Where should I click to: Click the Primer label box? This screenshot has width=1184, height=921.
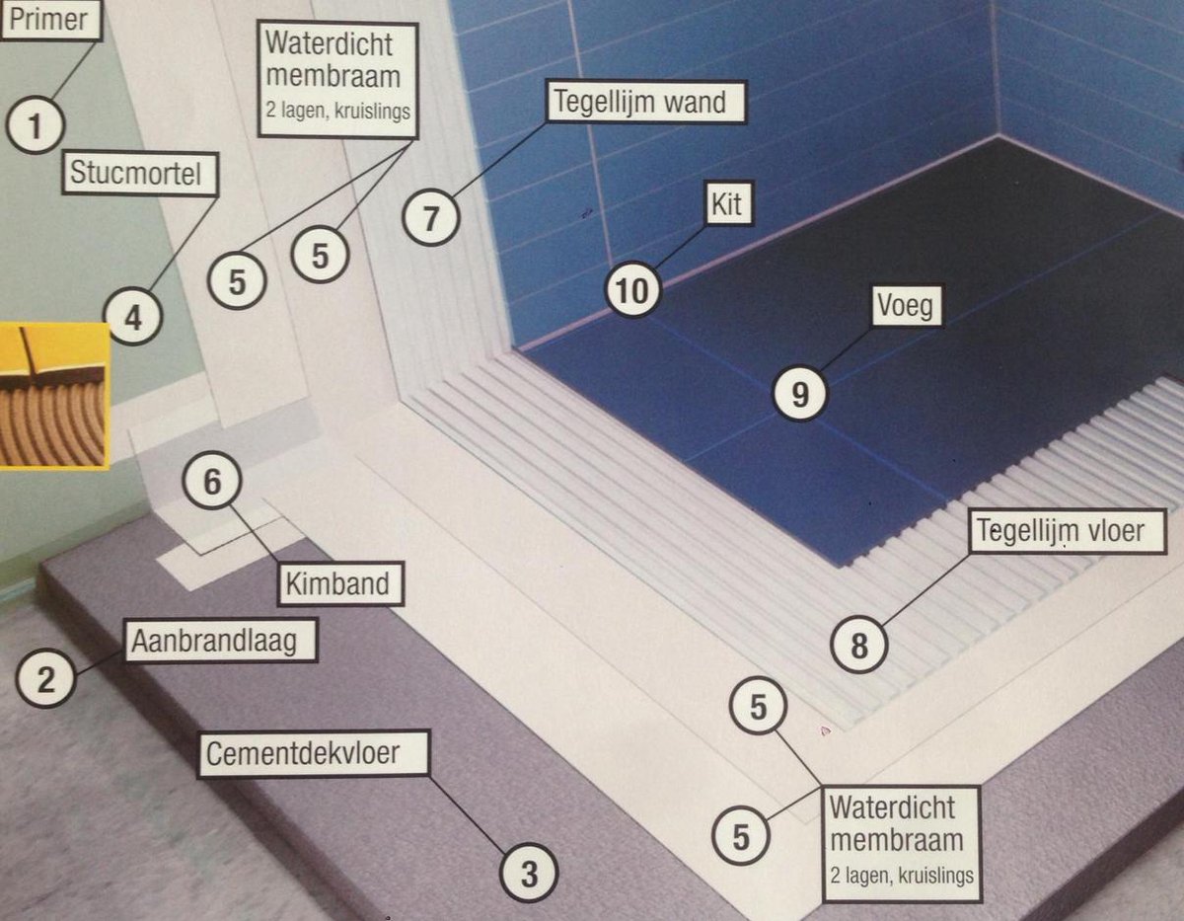[50, 20]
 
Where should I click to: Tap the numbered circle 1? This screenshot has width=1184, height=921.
[36, 125]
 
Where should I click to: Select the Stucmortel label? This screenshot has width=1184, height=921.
[140, 174]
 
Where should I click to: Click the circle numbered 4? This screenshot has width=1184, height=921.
[133, 317]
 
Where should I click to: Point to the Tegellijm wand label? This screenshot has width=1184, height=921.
[646, 102]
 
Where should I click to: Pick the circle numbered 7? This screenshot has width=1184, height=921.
[431, 217]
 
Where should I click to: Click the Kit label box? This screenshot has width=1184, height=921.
[729, 203]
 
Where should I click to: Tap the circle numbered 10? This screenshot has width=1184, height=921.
[633, 290]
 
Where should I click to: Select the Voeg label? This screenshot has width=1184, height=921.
[907, 306]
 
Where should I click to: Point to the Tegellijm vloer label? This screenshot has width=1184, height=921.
[1067, 531]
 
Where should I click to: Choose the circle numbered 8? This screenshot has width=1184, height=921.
[859, 645]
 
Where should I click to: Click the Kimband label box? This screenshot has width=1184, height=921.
[341, 583]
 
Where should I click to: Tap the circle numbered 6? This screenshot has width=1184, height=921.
[212, 481]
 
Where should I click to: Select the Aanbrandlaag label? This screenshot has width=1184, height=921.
[221, 641]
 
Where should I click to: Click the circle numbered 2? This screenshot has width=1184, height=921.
[45, 678]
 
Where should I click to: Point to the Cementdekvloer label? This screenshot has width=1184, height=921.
[314, 754]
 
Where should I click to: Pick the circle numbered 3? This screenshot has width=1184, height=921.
[529, 874]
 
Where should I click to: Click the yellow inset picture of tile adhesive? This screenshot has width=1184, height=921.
[54, 395]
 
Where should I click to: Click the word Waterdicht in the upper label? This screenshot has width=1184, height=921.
[330, 43]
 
